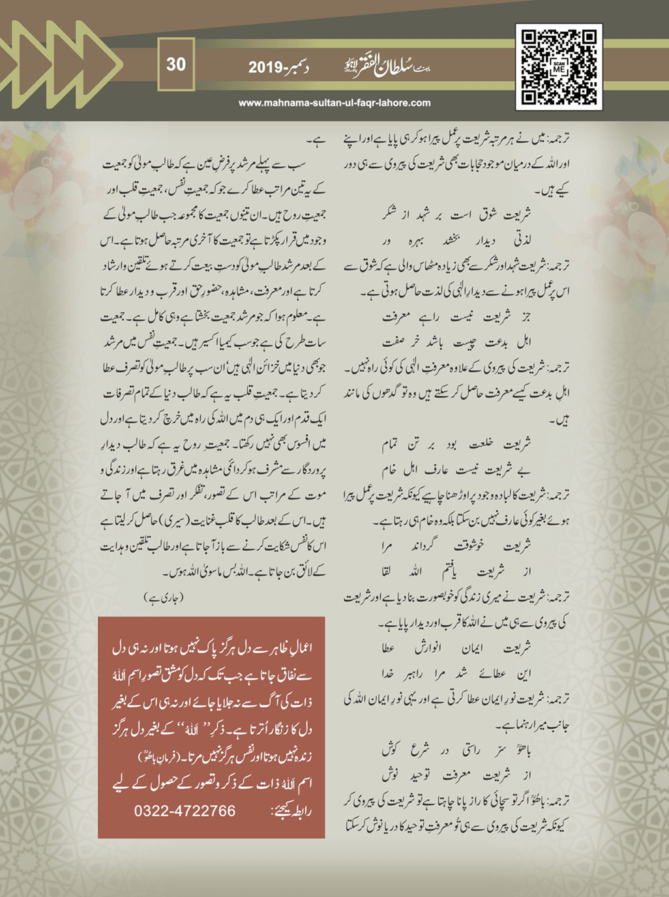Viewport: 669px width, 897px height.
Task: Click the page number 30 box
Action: [176, 65]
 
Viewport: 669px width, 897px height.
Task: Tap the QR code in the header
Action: [559, 66]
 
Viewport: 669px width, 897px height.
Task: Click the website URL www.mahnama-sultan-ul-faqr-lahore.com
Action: [334, 102]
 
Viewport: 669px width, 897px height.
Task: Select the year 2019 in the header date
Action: [265, 66]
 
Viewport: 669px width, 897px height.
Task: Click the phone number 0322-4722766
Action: [185, 811]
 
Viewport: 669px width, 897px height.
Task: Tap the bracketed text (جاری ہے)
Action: [163, 596]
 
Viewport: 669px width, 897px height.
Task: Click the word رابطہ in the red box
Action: [301, 812]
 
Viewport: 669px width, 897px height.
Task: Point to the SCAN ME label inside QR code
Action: [559, 67]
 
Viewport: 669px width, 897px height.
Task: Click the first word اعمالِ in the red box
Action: [298, 648]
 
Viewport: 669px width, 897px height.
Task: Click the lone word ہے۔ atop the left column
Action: [316, 140]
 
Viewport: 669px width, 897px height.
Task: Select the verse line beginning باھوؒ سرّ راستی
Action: [456, 750]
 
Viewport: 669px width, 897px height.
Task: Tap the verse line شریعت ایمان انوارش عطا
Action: [456, 649]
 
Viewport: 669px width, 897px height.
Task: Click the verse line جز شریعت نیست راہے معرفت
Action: [456, 317]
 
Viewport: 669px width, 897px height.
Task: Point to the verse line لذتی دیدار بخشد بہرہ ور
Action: [456, 241]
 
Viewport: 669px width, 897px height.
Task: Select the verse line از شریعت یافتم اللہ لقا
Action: [456, 572]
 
